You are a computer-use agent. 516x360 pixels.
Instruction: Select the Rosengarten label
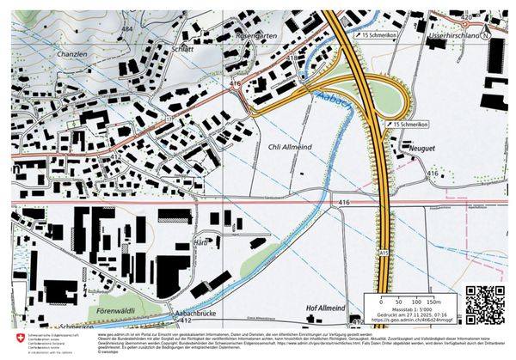tap(258, 36)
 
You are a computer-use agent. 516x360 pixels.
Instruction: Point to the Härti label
tap(203, 243)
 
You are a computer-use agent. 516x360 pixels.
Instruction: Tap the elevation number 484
tap(127, 28)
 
